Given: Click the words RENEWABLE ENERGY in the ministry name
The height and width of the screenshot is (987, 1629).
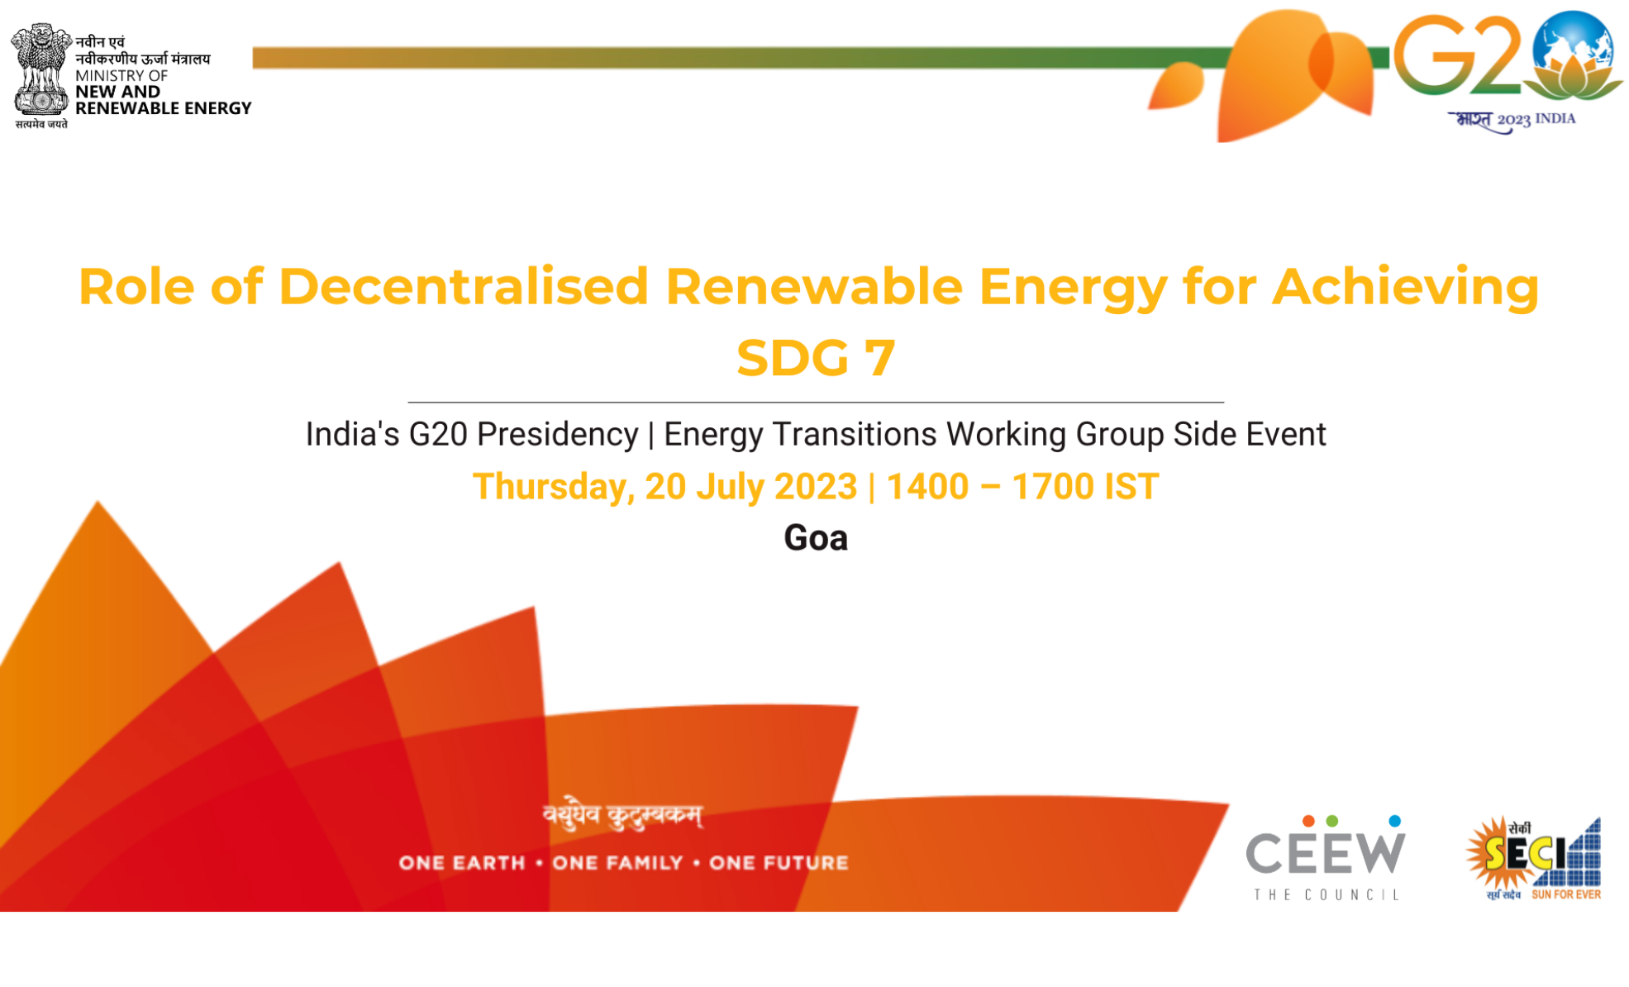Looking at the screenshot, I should [163, 108].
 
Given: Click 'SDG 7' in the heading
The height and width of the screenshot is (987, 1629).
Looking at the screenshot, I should [815, 358].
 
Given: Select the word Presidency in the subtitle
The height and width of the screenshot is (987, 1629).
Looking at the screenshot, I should [557, 435].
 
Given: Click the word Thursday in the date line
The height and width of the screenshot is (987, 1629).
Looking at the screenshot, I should [552, 487].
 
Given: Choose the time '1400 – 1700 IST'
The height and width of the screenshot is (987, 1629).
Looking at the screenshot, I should [1022, 487].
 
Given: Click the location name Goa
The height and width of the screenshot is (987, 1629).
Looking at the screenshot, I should [815, 538].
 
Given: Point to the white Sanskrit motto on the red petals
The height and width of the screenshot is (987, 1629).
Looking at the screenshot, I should [622, 815].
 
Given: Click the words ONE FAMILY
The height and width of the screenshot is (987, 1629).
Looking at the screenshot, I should [617, 863].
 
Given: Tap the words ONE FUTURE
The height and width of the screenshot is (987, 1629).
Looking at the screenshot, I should [779, 863].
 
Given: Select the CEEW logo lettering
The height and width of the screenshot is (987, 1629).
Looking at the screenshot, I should [1325, 853].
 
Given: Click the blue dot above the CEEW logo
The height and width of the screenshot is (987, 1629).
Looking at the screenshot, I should [1394, 821].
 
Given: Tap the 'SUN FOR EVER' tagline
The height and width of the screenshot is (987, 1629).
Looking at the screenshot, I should [1565, 894].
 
